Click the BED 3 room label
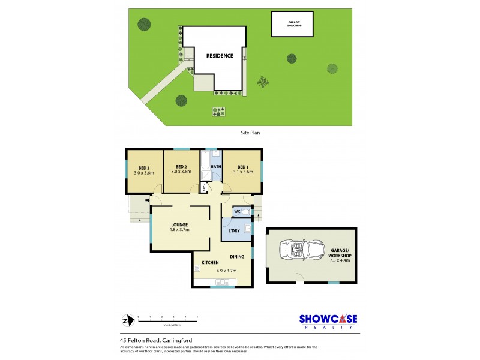point(143,167)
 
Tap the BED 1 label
point(243,167)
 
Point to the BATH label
point(216,167)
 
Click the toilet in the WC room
point(246,212)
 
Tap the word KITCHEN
point(209,263)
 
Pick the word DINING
point(237,256)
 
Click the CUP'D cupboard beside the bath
point(205,187)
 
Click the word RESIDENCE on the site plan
point(220,56)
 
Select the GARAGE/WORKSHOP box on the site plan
point(293,24)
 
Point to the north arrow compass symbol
point(125,319)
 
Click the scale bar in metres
point(167,319)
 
